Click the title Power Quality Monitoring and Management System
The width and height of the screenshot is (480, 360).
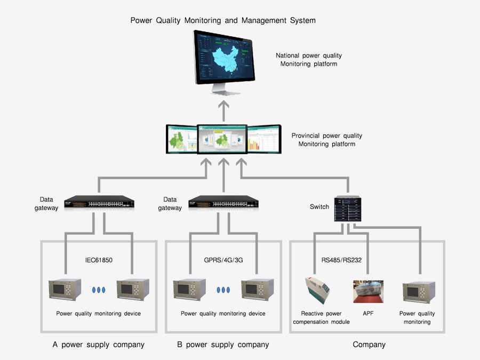[223, 21]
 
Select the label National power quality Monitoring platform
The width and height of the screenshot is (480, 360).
[309, 60]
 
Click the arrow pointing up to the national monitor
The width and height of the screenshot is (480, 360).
[223, 109]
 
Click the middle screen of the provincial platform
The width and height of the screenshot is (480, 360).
[223, 141]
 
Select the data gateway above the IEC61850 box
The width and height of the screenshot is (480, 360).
[99, 203]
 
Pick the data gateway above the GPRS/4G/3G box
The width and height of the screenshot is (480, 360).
[223, 203]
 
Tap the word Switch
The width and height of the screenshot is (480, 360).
[319, 206]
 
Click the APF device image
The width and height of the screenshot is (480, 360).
[368, 292]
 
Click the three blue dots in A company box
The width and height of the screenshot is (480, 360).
[99, 290]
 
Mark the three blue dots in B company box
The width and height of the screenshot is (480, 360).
[223, 290]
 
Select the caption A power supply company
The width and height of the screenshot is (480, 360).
[99, 345]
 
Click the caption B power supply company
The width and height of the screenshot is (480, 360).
[223, 345]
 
